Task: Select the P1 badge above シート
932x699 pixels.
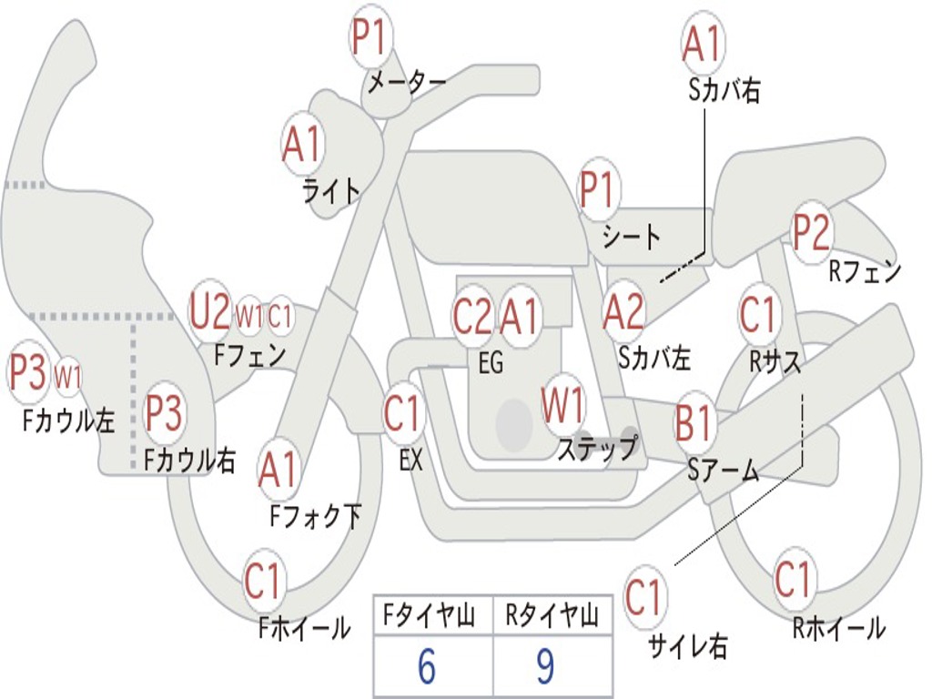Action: [598, 191]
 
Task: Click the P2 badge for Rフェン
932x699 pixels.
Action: [811, 232]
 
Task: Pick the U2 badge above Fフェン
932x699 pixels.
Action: [209, 312]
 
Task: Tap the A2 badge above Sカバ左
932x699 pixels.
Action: [624, 312]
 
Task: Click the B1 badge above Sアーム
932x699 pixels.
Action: [695, 422]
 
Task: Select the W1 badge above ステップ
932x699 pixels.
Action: [564, 406]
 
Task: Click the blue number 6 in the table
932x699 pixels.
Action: [426, 667]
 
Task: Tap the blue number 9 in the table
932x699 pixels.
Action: [545, 667]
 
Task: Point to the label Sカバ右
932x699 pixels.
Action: [724, 90]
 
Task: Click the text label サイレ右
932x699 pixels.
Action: [688, 646]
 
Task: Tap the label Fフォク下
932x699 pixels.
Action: [316, 517]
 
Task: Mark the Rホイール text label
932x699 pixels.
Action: [838, 627]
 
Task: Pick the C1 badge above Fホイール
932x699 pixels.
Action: [264, 581]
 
